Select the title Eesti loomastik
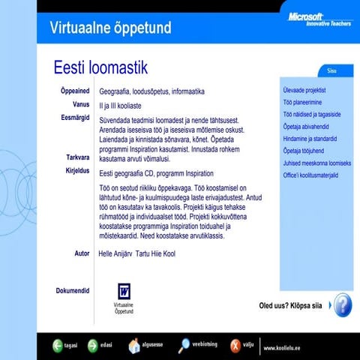click(100, 68)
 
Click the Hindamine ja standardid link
click(310, 139)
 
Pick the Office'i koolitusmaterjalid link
click(311, 175)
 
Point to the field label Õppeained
click(75, 91)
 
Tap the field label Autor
click(82, 253)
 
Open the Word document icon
click(124, 291)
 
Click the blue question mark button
click(341, 304)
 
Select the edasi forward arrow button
click(93, 346)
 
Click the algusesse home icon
click(134, 346)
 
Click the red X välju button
click(235, 346)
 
